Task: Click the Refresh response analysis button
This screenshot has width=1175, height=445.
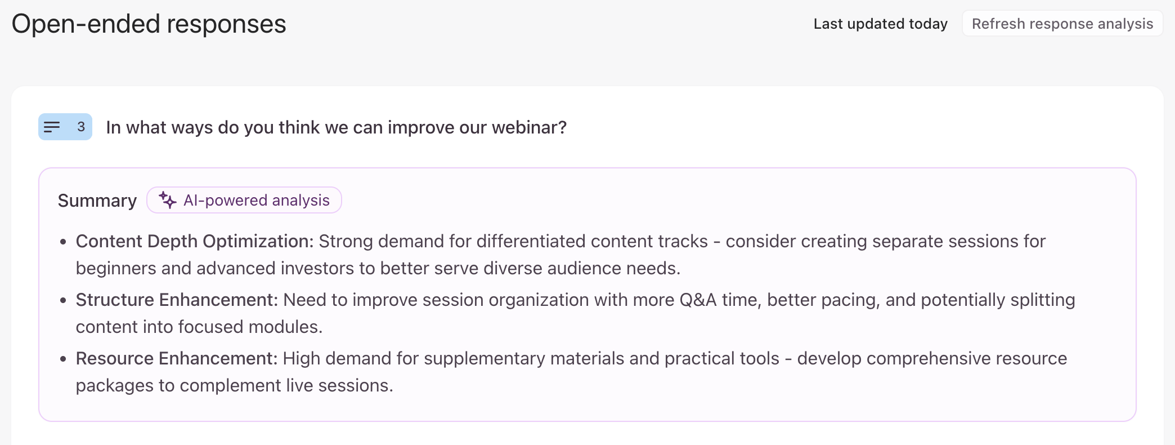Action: tap(1062, 24)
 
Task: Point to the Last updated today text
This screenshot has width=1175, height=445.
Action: tap(881, 24)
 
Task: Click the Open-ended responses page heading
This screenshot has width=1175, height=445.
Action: tap(149, 24)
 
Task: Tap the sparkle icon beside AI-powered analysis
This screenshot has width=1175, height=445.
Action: tap(168, 200)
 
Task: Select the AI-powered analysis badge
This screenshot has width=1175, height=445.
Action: tap(244, 200)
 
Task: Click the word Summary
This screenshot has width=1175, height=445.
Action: tap(97, 201)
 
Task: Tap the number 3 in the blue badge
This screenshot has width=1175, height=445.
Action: tap(81, 127)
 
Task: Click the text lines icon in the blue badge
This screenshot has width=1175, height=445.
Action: tap(52, 127)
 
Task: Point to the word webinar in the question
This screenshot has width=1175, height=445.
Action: tap(529, 127)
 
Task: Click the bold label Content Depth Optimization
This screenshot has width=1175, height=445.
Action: tap(195, 241)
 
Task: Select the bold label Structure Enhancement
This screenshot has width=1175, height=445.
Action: tap(177, 300)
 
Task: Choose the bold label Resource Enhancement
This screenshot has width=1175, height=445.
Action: tap(177, 358)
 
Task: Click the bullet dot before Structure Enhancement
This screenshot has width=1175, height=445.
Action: tap(63, 300)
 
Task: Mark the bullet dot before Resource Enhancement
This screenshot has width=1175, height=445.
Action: tap(63, 359)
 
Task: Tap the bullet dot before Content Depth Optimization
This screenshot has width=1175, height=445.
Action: tap(63, 242)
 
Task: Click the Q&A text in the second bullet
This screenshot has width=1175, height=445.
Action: tap(698, 300)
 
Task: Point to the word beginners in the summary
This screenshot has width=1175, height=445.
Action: tap(116, 268)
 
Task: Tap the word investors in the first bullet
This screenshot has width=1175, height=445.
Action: tap(320, 268)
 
